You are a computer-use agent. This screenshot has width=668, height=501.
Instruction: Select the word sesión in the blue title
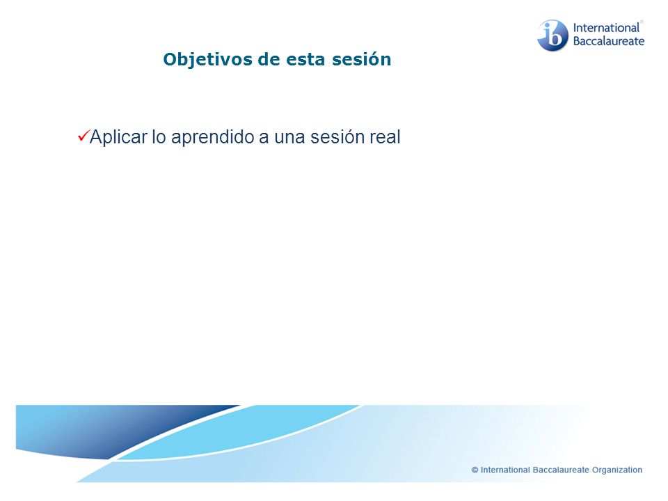(361, 59)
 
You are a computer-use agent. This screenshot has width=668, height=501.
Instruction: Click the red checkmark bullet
(83, 136)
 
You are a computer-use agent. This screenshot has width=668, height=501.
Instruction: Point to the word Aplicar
(118, 138)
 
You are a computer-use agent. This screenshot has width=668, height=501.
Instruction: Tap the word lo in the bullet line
(159, 137)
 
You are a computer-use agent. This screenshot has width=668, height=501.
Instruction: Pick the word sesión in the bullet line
(337, 137)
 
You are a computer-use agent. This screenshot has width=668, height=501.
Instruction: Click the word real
(385, 137)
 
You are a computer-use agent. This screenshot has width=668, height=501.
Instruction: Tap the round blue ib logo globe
(552, 35)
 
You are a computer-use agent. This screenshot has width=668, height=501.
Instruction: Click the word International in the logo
(606, 28)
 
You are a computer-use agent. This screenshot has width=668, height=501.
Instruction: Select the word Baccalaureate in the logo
(609, 41)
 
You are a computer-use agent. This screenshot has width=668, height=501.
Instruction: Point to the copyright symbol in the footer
(475, 470)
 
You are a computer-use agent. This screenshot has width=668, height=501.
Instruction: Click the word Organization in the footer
(617, 470)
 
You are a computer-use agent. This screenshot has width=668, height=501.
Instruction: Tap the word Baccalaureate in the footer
(561, 470)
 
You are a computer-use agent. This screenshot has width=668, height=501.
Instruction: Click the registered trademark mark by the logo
(642, 22)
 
